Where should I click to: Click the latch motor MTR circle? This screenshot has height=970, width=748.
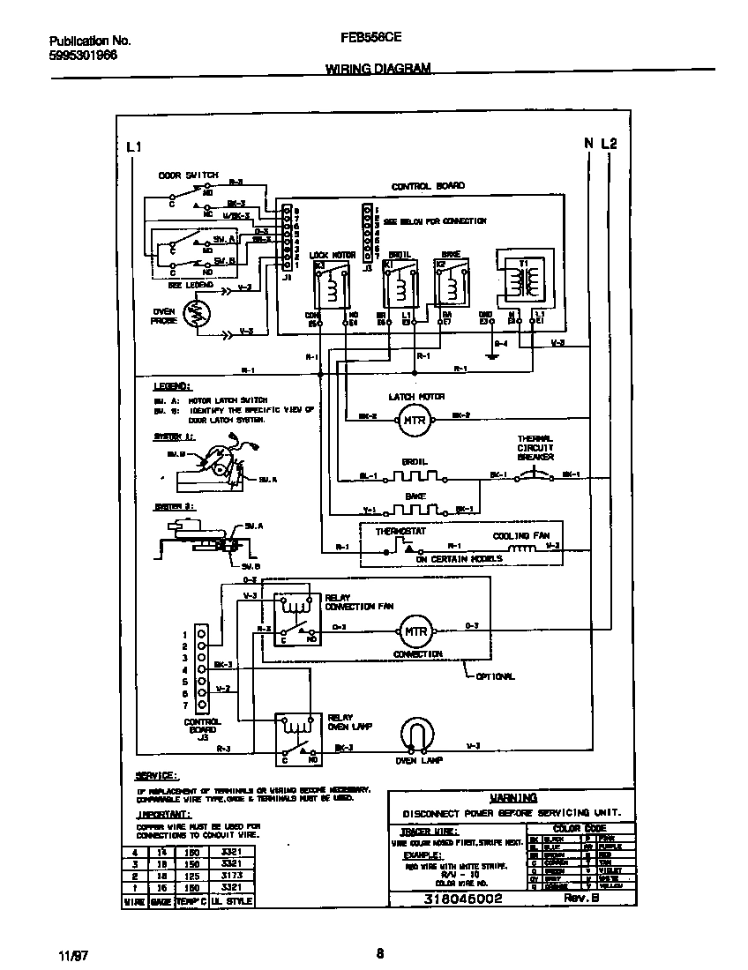click(x=414, y=420)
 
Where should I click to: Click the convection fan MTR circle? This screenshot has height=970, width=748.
click(x=415, y=631)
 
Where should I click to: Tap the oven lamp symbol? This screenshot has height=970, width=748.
click(x=418, y=735)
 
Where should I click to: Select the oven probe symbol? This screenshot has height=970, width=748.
click(x=196, y=314)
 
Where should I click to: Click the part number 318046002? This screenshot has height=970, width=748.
click(x=463, y=899)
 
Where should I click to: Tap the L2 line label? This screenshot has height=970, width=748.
click(x=610, y=144)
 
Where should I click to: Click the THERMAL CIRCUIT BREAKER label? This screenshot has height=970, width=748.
click(x=535, y=448)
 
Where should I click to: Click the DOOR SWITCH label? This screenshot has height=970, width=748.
click(x=188, y=175)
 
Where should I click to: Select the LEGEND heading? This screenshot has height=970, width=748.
click(x=170, y=387)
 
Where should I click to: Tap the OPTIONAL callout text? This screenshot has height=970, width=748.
click(x=496, y=676)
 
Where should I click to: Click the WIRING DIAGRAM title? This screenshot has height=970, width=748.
click(x=378, y=68)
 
